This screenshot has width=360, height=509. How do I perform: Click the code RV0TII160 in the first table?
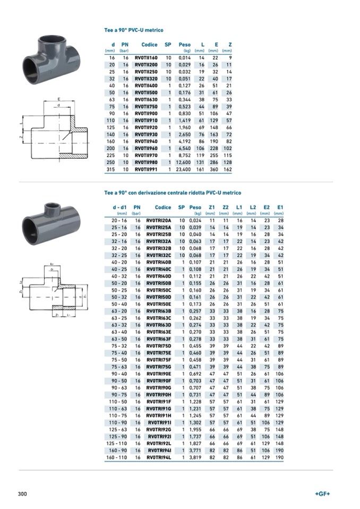[x=146, y=58]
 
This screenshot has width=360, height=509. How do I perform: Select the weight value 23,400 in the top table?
[x=183, y=169]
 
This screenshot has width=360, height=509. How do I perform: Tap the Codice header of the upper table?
[x=149, y=45]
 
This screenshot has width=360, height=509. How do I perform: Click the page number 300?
[x=22, y=494]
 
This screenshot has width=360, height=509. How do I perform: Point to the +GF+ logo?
[x=322, y=494]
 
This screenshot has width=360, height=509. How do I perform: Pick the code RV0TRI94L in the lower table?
[x=159, y=458]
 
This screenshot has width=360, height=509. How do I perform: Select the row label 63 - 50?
[x=119, y=339]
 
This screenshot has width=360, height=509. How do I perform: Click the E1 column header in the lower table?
[x=280, y=207]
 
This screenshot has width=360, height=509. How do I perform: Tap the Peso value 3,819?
[x=195, y=458]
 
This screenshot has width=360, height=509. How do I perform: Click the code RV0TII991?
[x=146, y=169]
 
